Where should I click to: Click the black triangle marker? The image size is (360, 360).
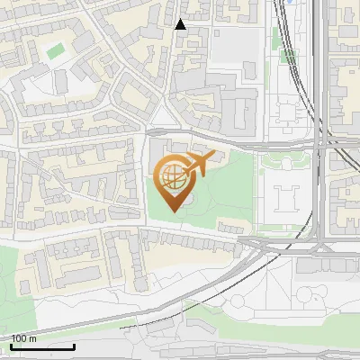180,24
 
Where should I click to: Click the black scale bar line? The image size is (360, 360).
42,346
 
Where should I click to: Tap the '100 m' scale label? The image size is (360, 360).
24,338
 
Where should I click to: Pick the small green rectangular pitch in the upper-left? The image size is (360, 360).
56,50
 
